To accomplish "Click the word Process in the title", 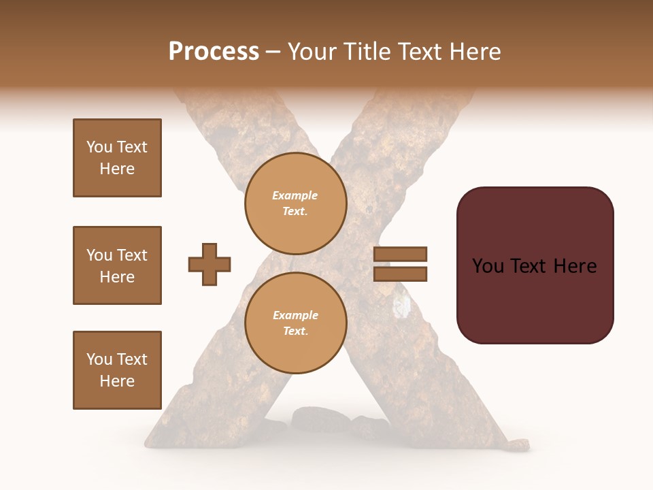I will [x=214, y=52].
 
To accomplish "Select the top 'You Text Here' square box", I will [x=117, y=158].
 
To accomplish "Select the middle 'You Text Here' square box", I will [x=117, y=265].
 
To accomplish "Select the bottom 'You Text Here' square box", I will [x=117, y=370].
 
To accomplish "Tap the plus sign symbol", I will [x=210, y=264].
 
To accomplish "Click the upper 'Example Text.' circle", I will [x=295, y=203].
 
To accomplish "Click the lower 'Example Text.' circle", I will [x=295, y=323].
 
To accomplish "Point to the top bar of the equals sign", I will [x=400, y=255].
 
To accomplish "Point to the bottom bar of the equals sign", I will [x=400, y=274].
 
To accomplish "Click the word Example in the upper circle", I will [x=295, y=195].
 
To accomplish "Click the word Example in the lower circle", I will [x=295, y=315].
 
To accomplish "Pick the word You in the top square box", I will [x=99, y=147].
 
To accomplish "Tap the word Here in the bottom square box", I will [x=117, y=381].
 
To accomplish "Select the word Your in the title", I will [x=312, y=52].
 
